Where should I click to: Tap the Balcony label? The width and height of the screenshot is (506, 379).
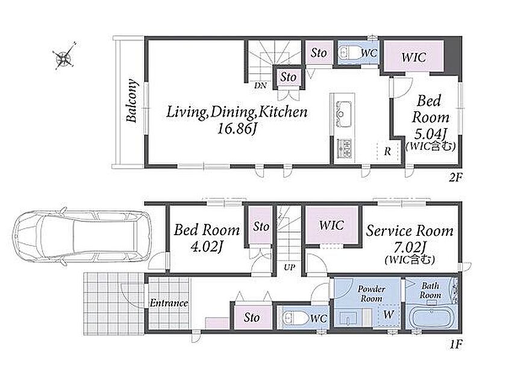click(131, 100)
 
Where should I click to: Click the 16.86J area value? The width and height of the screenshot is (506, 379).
click(237, 129)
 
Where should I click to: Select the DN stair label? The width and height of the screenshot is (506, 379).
click(260, 85)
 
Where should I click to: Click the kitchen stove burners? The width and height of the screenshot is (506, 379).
click(344, 148)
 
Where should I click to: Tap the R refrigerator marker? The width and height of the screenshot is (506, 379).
click(387, 151)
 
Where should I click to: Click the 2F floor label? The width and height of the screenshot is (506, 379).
click(455, 177)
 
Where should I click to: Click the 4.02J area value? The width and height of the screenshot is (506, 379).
click(207, 247)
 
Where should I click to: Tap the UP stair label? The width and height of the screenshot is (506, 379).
click(289, 267)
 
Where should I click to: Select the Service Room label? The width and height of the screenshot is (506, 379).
click(410, 231)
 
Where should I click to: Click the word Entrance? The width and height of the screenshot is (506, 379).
click(169, 303)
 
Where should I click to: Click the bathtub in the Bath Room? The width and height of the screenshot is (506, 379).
click(431, 318)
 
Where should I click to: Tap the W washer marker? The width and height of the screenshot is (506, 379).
click(389, 314)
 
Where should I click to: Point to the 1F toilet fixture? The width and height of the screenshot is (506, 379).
click(295, 318)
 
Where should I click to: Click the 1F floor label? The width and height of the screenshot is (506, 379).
click(456, 345)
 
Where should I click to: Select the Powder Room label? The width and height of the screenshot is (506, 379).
click(371, 294)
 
